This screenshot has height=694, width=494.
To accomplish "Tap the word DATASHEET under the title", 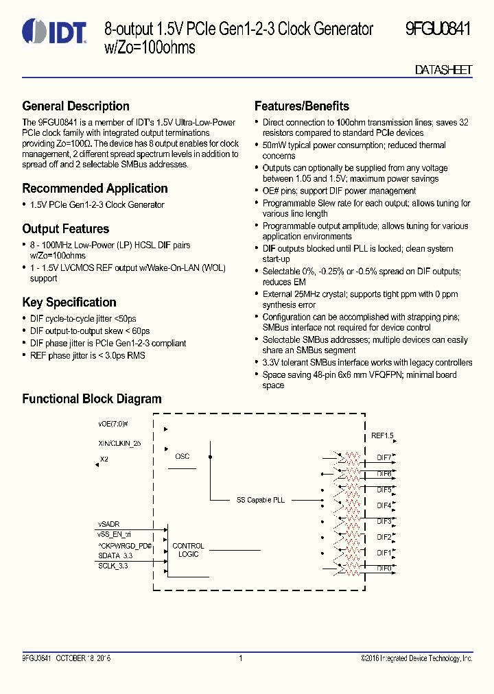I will click(x=443, y=71).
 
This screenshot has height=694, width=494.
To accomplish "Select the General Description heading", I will click(x=75, y=106).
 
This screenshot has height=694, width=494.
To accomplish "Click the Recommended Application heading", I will click(x=95, y=189).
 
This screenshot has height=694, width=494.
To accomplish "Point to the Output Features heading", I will click(x=65, y=229).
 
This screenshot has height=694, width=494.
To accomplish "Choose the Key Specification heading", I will click(x=69, y=302).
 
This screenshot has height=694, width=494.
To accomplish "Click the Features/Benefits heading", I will click(x=301, y=106).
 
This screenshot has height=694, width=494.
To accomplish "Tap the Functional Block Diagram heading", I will click(x=92, y=399).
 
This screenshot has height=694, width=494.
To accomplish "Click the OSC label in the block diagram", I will click(x=182, y=456).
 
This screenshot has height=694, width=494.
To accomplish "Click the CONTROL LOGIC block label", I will click(x=188, y=550).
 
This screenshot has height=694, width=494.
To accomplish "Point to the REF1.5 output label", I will click(x=382, y=435).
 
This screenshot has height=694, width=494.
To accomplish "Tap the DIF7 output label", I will click(x=384, y=457).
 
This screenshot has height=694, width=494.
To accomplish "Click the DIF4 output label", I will click(x=384, y=505).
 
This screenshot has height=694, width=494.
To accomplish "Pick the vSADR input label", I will click(x=108, y=524).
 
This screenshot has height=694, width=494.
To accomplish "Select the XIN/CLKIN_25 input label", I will click(x=119, y=444).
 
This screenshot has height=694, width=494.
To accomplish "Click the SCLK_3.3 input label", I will click(x=113, y=565).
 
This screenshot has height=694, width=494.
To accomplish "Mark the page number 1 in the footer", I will click(x=241, y=658).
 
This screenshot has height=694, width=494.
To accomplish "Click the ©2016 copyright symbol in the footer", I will click(x=363, y=658).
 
